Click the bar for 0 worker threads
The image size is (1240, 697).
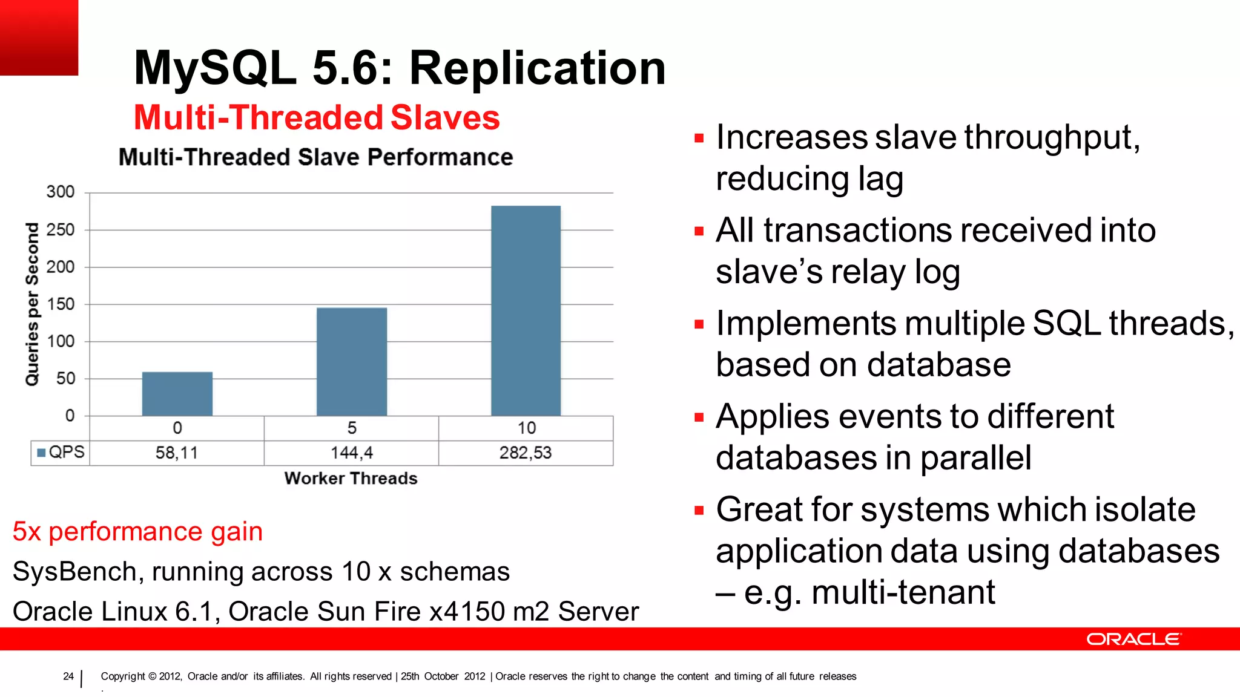[177, 394]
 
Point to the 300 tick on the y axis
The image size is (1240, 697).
[61, 192]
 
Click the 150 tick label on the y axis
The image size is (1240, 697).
[61, 304]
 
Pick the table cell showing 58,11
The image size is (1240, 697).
[177, 453]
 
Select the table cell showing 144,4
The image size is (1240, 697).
[351, 453]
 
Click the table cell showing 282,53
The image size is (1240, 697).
[526, 453]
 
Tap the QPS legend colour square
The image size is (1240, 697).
[42, 453]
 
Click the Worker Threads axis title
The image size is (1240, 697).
[351, 479]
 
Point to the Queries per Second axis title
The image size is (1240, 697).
[31, 304]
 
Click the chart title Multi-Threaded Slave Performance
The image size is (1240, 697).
[315, 157]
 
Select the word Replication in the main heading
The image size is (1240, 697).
[538, 68]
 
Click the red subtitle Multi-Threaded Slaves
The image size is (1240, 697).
[317, 117]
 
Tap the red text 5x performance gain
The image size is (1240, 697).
[137, 532]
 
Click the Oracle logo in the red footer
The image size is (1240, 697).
[1133, 639]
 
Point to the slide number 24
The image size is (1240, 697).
[68, 676]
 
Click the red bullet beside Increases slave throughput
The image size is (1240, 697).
[699, 139]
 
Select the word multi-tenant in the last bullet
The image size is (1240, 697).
[903, 592]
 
